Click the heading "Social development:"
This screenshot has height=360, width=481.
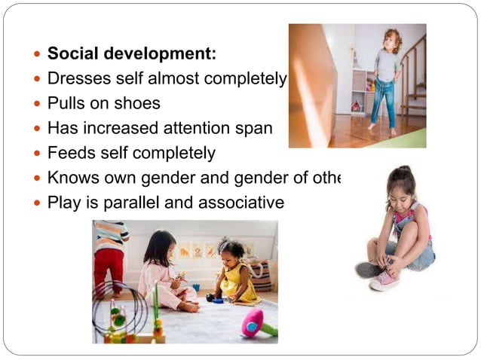click(132, 54)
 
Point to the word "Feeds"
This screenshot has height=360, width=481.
click(70, 153)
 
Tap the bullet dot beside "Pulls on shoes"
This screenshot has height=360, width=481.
click(38, 104)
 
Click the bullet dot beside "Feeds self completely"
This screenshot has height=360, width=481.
click(38, 154)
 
